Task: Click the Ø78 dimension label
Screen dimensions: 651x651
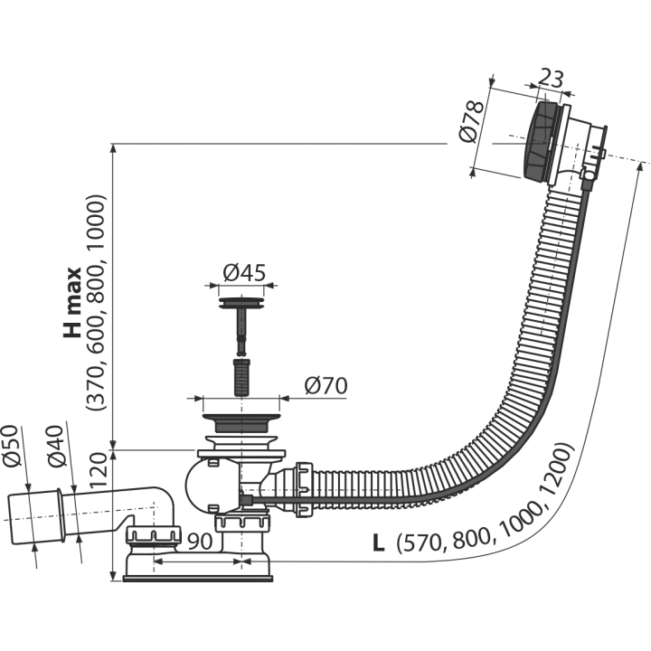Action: [x=472, y=121]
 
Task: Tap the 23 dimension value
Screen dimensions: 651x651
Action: [x=552, y=79]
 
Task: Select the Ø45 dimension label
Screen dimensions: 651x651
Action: [x=244, y=272]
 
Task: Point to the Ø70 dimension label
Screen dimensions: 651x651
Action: [x=325, y=386]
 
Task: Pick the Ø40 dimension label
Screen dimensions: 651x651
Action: [x=57, y=447]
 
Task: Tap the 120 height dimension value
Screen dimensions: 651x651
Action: [x=99, y=471]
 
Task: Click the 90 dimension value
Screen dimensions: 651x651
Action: [x=200, y=541]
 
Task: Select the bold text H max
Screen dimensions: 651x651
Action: [x=72, y=302]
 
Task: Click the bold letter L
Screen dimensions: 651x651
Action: [x=378, y=542]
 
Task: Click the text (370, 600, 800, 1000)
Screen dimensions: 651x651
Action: [x=97, y=303]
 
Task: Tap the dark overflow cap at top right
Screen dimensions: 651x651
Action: [x=539, y=141]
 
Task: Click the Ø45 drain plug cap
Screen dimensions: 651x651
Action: [x=241, y=303]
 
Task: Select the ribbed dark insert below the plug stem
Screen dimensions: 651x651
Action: [x=241, y=377]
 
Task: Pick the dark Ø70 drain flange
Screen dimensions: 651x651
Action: [x=241, y=422]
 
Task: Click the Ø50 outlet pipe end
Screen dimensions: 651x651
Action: [x=35, y=518]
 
